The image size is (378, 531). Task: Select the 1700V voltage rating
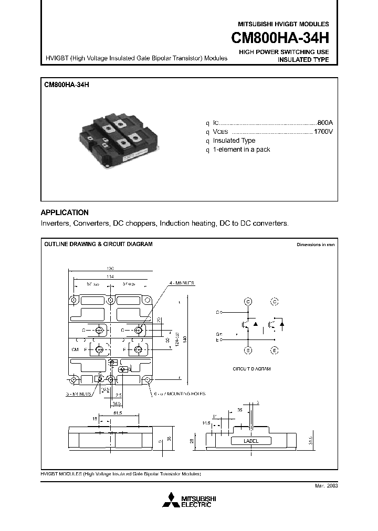click(x=323, y=131)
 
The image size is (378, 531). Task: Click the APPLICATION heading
click(x=65, y=213)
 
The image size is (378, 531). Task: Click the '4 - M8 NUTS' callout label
click(x=182, y=283)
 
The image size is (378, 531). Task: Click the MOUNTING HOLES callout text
click(x=180, y=393)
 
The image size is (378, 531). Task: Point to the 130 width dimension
click(x=110, y=268)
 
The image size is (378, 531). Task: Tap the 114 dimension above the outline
click(x=110, y=276)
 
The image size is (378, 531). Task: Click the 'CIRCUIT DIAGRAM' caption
click(x=251, y=369)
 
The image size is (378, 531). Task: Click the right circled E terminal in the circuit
click(x=274, y=350)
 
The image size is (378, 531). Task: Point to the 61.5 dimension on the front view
click(x=118, y=415)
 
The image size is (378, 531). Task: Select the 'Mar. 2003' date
click(x=326, y=486)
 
